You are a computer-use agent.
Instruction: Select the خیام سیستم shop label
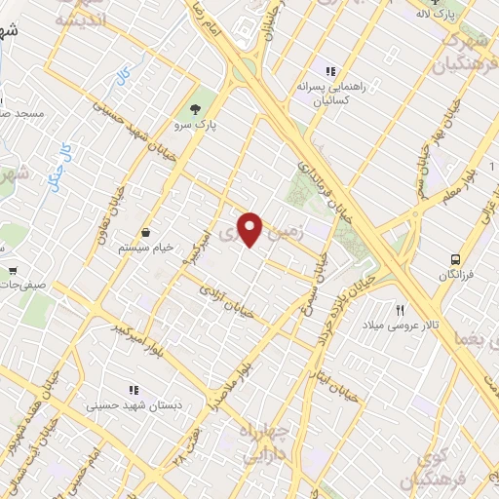146,248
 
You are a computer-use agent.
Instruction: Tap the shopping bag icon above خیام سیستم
146,232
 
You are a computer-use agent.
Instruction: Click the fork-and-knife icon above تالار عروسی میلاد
400,309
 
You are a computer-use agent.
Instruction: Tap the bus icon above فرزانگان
456,259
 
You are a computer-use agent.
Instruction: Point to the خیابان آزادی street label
226,301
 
